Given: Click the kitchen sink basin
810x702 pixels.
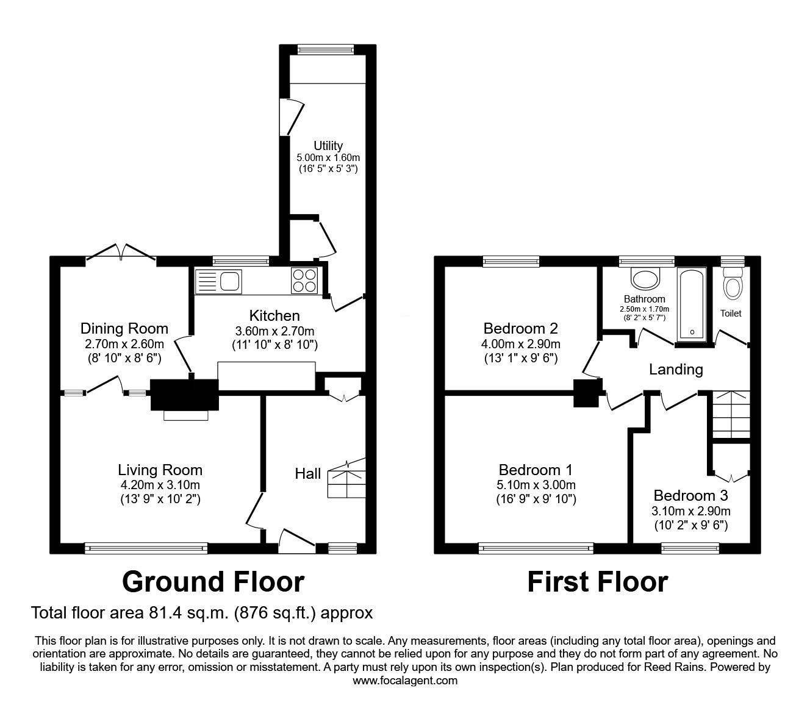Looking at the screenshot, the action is tap(230, 281).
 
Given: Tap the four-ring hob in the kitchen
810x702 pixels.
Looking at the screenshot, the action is tap(304, 281).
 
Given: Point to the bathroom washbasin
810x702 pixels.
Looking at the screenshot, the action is tap(645, 279).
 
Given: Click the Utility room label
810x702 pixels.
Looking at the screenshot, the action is tap(328, 146).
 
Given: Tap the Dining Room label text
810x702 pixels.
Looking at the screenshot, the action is tap(124, 329).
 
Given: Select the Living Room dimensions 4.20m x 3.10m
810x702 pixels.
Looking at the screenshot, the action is tap(160, 485).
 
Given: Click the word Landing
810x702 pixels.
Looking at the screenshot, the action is tap(676, 370).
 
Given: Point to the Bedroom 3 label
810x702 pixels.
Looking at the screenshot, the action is tap(691, 496).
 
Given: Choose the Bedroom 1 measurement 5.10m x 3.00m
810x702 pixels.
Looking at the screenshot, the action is tap(536, 485).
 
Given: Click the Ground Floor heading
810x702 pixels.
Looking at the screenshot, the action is tap(213, 582).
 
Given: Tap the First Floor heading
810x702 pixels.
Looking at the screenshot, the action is tap(598, 582).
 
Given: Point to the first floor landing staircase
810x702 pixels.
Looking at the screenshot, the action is tap(731, 414).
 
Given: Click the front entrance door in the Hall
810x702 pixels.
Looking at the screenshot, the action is tap(297, 541).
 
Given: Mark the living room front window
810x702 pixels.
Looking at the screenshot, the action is tap(146, 548).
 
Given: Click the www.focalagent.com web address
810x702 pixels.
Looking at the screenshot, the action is tap(405, 681).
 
